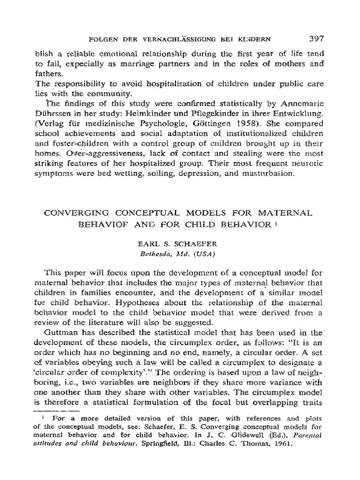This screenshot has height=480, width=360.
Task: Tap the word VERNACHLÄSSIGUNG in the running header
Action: point(171,38)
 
